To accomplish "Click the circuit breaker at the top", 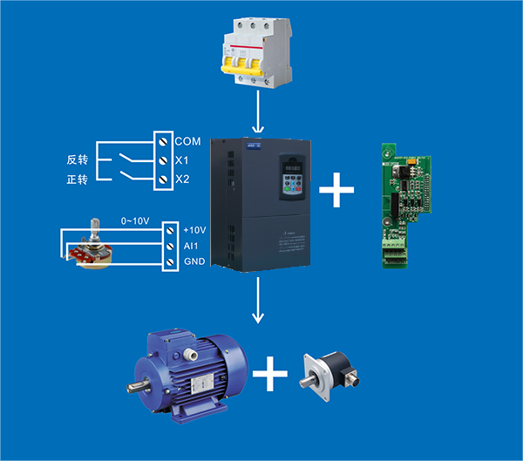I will (x=258, y=54).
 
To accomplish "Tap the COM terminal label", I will (x=187, y=140).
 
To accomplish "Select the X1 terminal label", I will (x=182, y=160).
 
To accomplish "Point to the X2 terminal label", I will (x=182, y=180).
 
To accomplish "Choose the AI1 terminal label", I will (x=190, y=246).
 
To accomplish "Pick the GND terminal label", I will (x=194, y=262).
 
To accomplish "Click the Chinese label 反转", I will (x=78, y=160).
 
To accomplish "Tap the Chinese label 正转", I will (x=78, y=180).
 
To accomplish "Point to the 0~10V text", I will (x=136, y=222).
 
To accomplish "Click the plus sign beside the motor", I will (x=270, y=376).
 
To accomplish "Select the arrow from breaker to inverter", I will (x=259, y=112).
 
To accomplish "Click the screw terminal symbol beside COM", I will (x=163, y=140).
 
